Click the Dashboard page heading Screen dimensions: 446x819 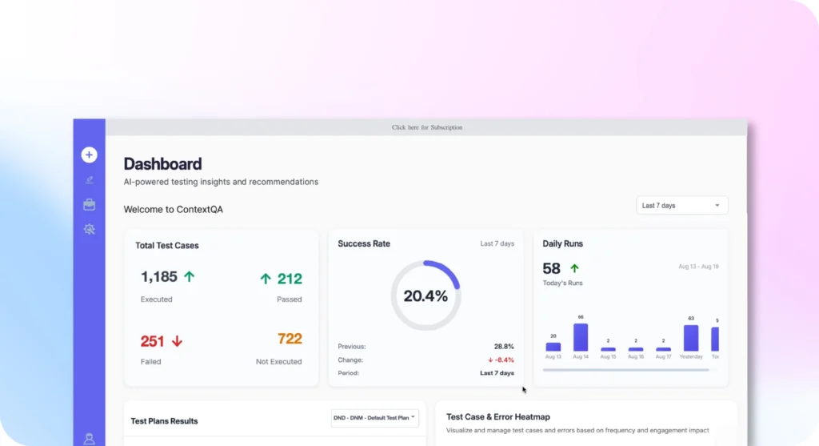point(162,164)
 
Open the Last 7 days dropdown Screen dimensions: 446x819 point(681,206)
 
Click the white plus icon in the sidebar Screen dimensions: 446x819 point(89,155)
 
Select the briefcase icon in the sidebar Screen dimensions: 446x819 point(89,205)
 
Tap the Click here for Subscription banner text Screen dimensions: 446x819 point(426,127)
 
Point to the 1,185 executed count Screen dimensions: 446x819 point(159,277)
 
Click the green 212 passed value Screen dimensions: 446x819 point(290,279)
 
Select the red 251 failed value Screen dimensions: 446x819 point(152,341)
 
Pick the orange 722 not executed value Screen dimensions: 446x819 point(290,339)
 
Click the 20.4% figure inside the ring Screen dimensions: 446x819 point(425,296)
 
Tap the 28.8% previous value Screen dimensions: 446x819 point(504,347)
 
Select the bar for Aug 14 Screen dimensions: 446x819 point(581,337)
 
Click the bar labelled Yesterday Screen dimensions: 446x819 point(691,338)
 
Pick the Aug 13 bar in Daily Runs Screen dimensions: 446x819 point(553,347)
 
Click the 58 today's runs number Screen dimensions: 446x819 point(552,268)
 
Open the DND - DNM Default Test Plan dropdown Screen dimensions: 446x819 point(374,418)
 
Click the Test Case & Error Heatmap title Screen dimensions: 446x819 point(497,416)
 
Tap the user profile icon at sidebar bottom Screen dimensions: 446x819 point(89,439)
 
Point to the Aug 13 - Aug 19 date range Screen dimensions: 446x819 point(697,267)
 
